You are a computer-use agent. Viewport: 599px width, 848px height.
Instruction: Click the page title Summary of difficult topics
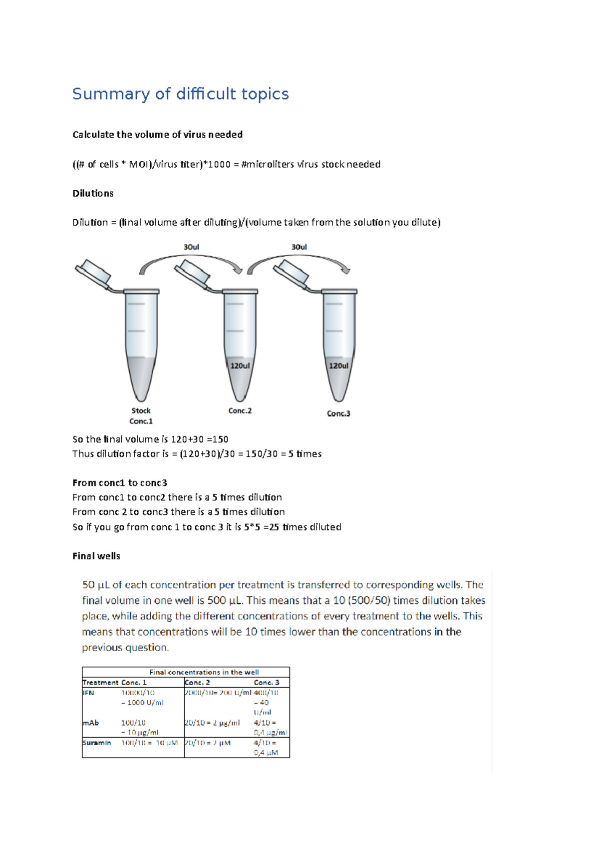tap(180, 94)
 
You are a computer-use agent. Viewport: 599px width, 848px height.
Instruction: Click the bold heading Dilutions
tap(93, 193)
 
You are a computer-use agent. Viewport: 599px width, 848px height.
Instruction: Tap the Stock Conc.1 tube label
tap(141, 416)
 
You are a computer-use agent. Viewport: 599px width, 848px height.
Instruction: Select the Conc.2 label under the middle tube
tap(240, 411)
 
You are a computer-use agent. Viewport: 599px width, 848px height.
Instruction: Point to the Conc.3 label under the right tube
tap(338, 414)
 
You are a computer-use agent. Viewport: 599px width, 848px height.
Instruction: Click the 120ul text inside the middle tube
tap(240, 366)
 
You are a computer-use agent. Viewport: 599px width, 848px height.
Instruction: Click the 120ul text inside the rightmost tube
tap(338, 366)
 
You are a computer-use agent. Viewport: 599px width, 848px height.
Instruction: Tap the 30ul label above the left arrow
tap(191, 247)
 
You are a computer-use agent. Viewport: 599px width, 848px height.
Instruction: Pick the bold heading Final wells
tap(96, 556)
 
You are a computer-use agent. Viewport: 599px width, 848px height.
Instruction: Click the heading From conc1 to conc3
tap(120, 483)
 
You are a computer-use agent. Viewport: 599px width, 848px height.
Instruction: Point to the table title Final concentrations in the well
tap(204, 672)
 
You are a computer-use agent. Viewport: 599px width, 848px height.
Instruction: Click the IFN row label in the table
tap(88, 693)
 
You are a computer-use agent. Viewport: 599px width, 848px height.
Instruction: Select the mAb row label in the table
tap(90, 723)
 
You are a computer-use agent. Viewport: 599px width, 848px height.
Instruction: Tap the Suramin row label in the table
tap(97, 743)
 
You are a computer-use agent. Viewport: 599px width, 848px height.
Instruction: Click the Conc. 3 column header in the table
tap(267, 682)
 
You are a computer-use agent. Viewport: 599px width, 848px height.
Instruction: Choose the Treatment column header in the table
tap(100, 682)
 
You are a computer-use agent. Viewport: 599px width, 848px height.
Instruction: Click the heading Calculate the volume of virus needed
tap(158, 135)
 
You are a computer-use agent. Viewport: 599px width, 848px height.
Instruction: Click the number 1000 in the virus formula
tap(219, 164)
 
